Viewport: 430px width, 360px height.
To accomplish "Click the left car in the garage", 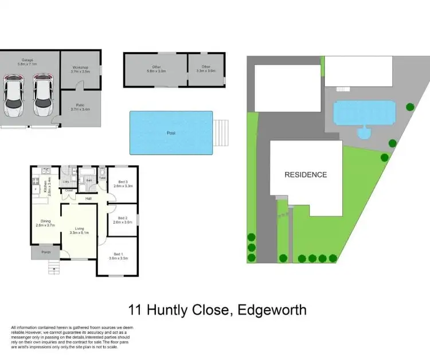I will click(x=14, y=96).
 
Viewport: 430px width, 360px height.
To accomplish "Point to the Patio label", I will click(x=80, y=106).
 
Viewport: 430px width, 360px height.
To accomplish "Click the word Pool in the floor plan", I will click(x=171, y=133).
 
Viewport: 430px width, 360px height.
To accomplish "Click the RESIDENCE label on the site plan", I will click(x=306, y=175).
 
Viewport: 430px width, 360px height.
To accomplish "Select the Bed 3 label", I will click(x=123, y=184).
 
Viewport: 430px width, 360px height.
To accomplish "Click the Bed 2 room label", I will click(x=122, y=219).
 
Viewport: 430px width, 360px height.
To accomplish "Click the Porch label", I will click(x=45, y=252).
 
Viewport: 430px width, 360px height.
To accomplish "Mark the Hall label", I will click(x=88, y=198).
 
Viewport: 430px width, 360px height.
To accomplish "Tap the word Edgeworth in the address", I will click(x=270, y=311).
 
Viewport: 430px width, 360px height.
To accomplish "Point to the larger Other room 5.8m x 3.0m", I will click(x=155, y=70).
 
